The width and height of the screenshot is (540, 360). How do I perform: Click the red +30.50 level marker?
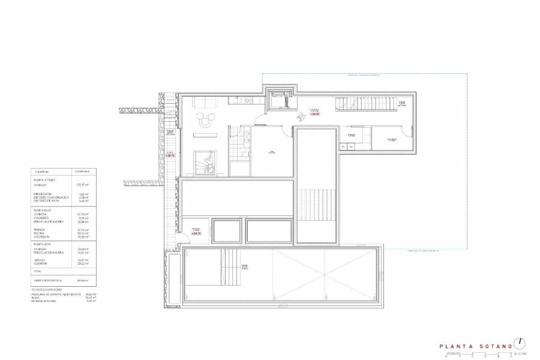(x=314, y=113)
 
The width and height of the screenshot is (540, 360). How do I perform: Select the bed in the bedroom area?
(x=207, y=160)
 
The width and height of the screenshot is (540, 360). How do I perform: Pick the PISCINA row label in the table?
(x=40, y=233)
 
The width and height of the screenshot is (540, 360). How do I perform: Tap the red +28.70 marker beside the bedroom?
(x=170, y=155)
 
